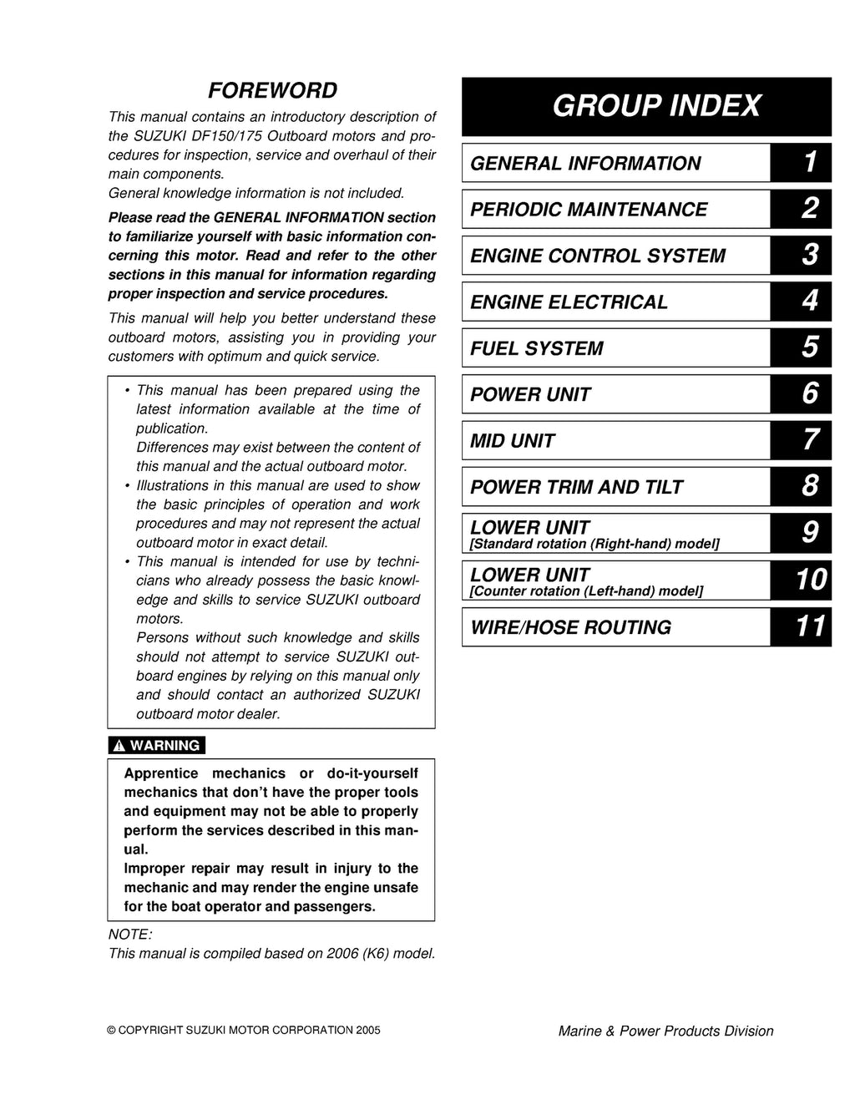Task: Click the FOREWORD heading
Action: [272, 90]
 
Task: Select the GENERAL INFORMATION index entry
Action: [585, 164]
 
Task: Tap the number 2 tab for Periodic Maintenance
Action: [809, 209]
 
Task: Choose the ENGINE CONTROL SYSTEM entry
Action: [598, 256]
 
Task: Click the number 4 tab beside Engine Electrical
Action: [809, 302]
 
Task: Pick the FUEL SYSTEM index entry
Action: [536, 349]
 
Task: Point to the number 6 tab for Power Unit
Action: [809, 394]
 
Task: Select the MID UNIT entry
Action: [512, 441]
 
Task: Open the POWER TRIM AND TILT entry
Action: [576, 488]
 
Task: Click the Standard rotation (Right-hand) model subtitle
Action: [595, 545]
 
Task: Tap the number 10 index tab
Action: [809, 580]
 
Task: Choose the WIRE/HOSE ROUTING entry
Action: [570, 628]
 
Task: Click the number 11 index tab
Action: [809, 626]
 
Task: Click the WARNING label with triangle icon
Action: [157, 746]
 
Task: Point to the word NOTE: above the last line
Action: [130, 935]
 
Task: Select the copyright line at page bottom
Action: [244, 1031]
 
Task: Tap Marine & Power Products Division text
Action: [665, 1032]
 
